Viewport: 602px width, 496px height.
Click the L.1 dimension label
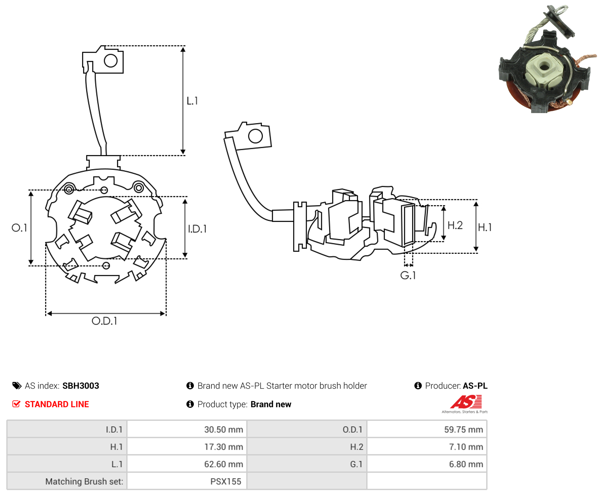(192, 100)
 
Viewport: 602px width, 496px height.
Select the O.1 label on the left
(19, 228)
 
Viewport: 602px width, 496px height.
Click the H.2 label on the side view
(455, 225)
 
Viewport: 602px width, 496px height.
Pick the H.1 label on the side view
(485, 227)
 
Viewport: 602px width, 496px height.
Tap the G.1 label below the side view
(408, 275)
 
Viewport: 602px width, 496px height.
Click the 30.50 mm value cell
(223, 429)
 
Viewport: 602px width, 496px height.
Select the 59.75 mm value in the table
(463, 429)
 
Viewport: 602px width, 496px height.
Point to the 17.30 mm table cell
(223, 447)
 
